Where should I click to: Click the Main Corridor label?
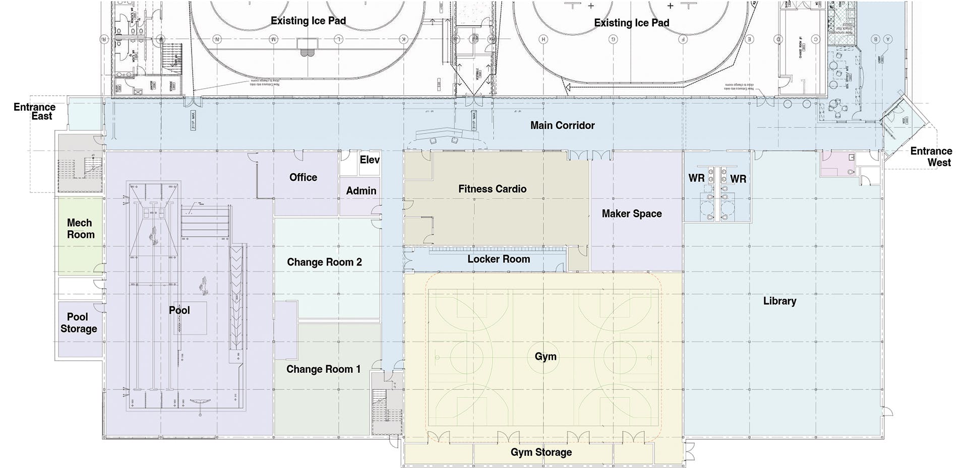point(562,125)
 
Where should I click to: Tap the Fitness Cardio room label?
point(492,189)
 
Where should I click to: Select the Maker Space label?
point(631,214)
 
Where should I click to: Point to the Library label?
point(779,301)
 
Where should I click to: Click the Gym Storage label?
point(541,452)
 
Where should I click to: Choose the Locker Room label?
point(498,259)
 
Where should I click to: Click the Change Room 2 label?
point(324,262)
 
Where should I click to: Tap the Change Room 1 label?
point(323,369)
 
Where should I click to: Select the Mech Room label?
point(81,229)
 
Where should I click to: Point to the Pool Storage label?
point(79,323)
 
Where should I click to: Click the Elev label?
point(370,160)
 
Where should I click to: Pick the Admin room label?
point(361,191)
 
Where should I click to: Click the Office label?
point(303,177)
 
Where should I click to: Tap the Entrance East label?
point(34,111)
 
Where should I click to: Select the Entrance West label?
point(931,157)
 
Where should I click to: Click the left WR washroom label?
point(696,178)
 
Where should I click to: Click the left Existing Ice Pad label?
point(308,21)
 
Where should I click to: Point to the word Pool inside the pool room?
point(179,310)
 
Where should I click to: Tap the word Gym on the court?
point(546,357)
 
